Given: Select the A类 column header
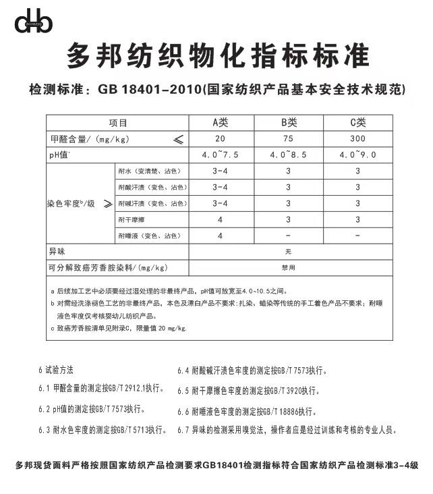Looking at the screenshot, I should (221, 122).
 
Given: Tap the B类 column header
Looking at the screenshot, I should (289, 122).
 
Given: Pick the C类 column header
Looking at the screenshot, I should (357, 122).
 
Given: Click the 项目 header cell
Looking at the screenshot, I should (118, 123).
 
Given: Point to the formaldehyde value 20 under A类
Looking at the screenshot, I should (221, 138).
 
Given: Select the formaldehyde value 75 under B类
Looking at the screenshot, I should (289, 138).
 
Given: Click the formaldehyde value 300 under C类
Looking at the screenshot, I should (357, 138).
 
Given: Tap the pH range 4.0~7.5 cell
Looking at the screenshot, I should (221, 155).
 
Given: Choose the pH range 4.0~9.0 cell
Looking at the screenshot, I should (357, 155).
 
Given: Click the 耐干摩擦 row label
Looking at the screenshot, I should (131, 219).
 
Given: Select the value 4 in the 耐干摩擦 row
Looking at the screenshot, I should (221, 219).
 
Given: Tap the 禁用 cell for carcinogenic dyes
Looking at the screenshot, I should (288, 267).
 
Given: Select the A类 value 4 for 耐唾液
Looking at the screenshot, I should (221, 236).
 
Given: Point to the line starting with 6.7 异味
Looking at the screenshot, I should (287, 429).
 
